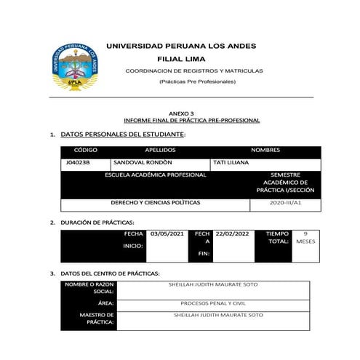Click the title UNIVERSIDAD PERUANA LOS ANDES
[x=181, y=46]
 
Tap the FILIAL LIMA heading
[x=181, y=58]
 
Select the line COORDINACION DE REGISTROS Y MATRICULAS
[x=194, y=71]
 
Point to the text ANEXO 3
[x=181, y=114]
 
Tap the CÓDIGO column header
[x=86, y=150]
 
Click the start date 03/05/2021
[x=167, y=234]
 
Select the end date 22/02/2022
[x=232, y=234]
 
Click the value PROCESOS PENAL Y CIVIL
[x=218, y=302]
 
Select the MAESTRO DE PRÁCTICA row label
[x=98, y=319]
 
